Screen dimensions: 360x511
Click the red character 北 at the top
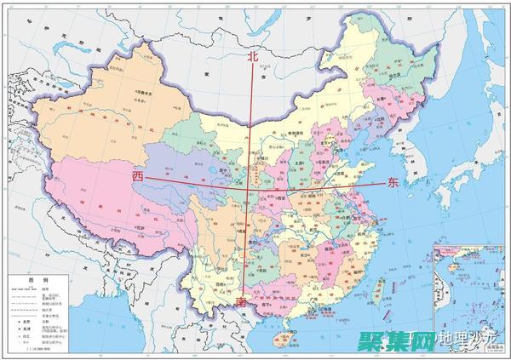[x=251, y=56]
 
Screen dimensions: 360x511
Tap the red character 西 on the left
[x=138, y=174]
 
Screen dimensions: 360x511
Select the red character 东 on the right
[x=393, y=182]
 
